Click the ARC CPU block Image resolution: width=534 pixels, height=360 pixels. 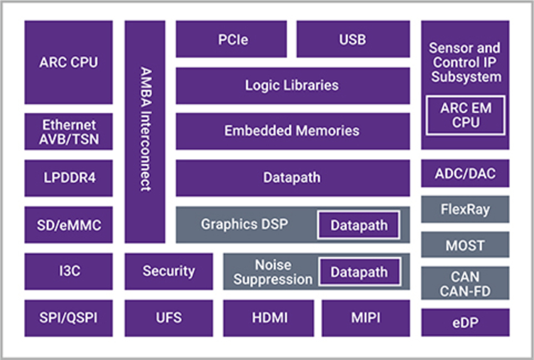(x=68, y=62)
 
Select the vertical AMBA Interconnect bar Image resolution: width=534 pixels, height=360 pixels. (x=145, y=131)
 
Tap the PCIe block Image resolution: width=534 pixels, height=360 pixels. (x=231, y=39)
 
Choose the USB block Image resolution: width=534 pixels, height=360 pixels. (x=352, y=39)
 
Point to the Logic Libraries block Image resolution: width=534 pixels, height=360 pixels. (x=292, y=85)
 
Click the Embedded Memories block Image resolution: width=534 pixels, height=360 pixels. (x=292, y=131)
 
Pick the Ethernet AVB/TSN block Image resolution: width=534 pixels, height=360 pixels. (x=68, y=131)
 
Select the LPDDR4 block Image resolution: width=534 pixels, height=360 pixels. (x=68, y=178)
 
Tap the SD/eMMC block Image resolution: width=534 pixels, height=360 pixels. (x=68, y=224)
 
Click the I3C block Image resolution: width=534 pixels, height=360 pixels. (x=68, y=271)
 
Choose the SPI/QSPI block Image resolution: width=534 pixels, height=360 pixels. (x=68, y=318)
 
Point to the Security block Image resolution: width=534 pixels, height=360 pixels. (x=168, y=271)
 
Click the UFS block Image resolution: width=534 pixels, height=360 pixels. (x=168, y=318)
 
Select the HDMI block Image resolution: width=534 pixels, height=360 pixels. (x=268, y=318)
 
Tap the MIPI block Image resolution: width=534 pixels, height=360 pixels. (x=366, y=318)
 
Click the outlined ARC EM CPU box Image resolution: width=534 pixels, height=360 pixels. (x=465, y=115)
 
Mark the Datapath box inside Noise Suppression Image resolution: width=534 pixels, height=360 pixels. (x=359, y=273)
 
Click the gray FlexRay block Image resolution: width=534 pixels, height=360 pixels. (x=465, y=209)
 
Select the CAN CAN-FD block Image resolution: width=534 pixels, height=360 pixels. (x=465, y=283)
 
